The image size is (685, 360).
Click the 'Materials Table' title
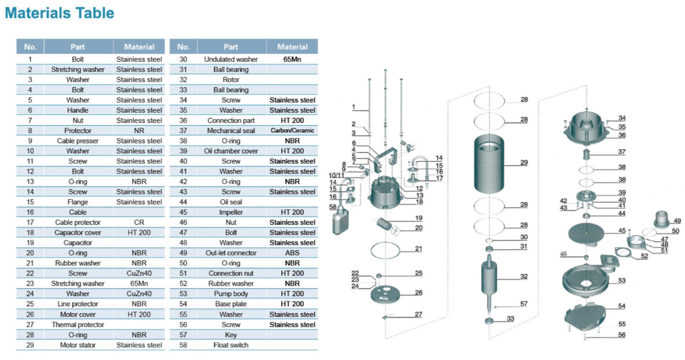pos(60,13)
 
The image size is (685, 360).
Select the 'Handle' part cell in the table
pos(78,110)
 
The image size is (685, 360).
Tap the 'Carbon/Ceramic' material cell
pos(292,130)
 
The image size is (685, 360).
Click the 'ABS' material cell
pos(292,253)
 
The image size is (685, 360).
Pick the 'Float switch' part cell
pos(231,345)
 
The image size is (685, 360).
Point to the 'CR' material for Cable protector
pos(139,223)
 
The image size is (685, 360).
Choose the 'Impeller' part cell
pos(231,212)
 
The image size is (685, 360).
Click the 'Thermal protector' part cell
pos(78,325)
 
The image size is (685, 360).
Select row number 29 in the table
pos(30,345)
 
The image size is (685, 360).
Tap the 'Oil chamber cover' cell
pos(231,151)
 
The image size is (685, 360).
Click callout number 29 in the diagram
pos(524,162)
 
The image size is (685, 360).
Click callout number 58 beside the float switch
pos(333,207)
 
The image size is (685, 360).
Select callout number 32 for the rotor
pos(524,276)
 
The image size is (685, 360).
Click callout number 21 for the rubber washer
pos(418,249)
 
